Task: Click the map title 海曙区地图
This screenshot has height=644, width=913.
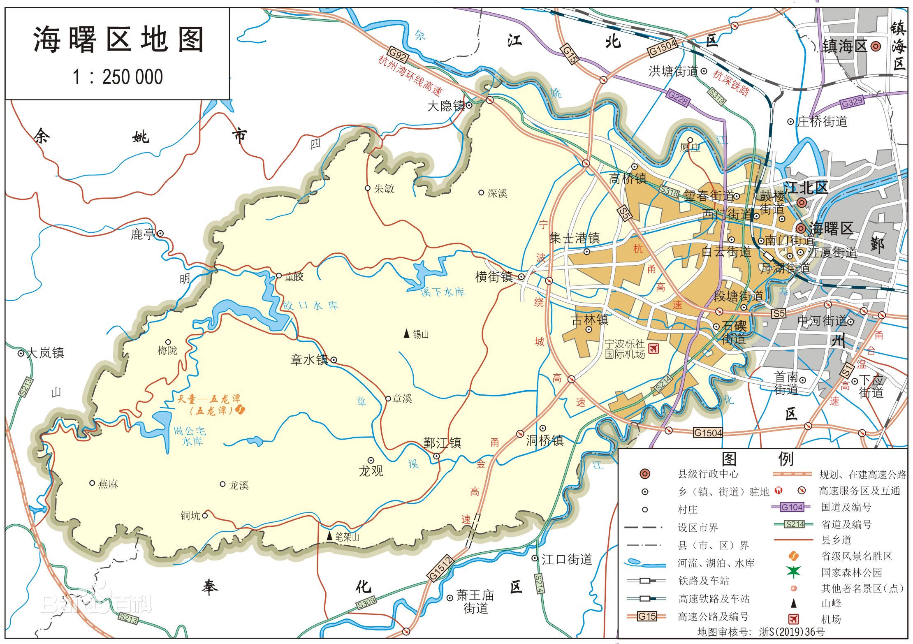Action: tap(118, 40)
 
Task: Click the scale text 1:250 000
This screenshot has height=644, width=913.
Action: tap(118, 77)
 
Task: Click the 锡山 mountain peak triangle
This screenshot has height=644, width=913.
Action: tap(406, 334)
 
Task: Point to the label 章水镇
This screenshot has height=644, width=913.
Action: tap(309, 360)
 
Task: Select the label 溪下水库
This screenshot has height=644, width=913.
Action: tap(443, 292)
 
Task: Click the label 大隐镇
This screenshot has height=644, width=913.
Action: tap(446, 106)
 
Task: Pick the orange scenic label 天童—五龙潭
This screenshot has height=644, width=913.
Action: tap(209, 399)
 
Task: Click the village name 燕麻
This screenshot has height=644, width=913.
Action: tap(108, 484)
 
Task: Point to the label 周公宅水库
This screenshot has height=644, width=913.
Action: tap(190, 436)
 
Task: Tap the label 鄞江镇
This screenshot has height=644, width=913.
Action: tap(442, 443)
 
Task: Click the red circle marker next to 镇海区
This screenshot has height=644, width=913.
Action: tap(876, 46)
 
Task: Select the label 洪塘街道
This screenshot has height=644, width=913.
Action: tap(673, 72)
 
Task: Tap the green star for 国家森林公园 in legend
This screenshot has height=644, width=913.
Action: tap(793, 572)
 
